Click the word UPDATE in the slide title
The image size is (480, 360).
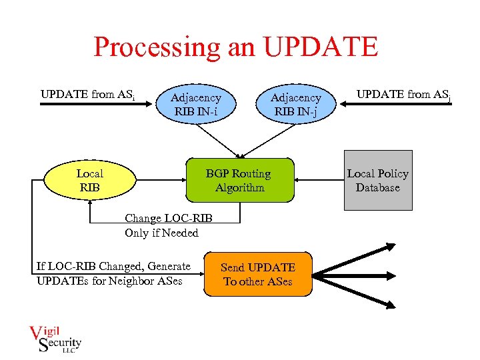tap(321, 47)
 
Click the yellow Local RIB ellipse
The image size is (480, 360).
tap(89, 181)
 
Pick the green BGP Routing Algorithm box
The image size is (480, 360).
tap(239, 180)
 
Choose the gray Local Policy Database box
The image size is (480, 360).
tap(377, 180)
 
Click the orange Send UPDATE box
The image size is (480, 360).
tap(258, 274)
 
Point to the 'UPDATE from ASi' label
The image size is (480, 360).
tap(88, 95)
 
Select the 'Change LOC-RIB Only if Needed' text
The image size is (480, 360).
tap(162, 225)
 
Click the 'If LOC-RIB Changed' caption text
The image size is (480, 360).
tap(113, 273)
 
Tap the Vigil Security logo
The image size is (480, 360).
tap(55, 337)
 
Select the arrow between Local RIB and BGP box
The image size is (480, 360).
tap(161, 180)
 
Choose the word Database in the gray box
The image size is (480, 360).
tap(378, 187)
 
